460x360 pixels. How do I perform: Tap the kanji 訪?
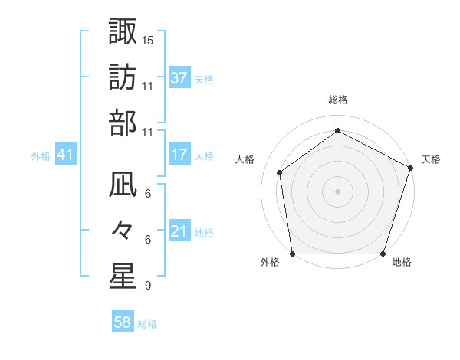point(123,77)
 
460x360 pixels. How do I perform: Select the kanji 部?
point(123,123)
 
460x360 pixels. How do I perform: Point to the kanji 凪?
point(123,184)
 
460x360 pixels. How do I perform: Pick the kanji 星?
point(123,277)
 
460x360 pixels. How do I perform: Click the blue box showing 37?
point(179,77)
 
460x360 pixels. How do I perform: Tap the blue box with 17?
point(179,155)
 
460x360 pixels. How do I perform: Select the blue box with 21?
point(179,231)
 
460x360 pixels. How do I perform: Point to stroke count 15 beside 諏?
point(148,40)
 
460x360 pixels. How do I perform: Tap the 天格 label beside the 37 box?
point(204,79)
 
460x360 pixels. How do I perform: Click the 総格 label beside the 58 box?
point(147,324)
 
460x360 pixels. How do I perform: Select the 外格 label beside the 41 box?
point(41,156)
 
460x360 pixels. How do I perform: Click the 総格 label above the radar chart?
point(338,100)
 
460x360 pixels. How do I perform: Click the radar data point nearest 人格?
point(280,172)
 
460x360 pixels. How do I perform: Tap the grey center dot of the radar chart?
point(338,191)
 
